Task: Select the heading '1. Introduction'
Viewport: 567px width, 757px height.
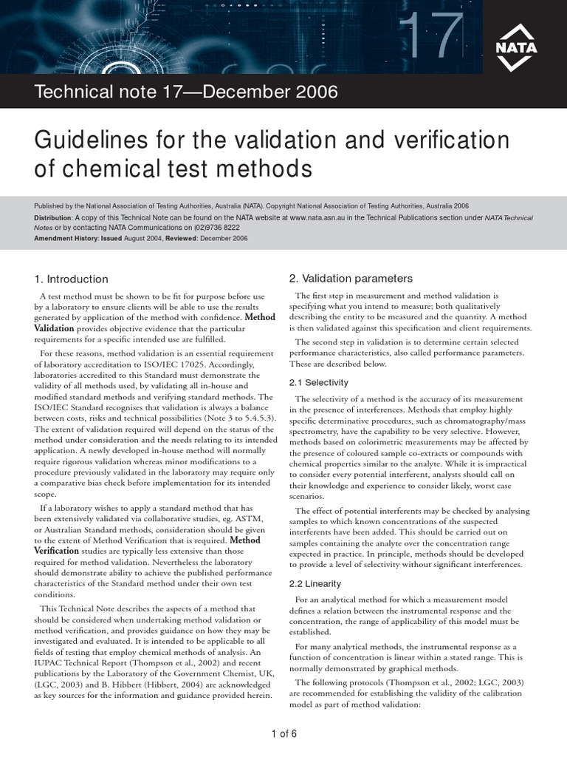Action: click(x=71, y=279)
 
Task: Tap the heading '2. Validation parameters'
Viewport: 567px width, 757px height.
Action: click(x=351, y=279)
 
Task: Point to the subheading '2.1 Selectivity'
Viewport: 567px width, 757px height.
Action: click(x=318, y=382)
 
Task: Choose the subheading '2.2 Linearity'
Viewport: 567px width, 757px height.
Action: click(x=315, y=583)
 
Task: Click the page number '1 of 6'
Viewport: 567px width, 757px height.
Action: click(x=283, y=733)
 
